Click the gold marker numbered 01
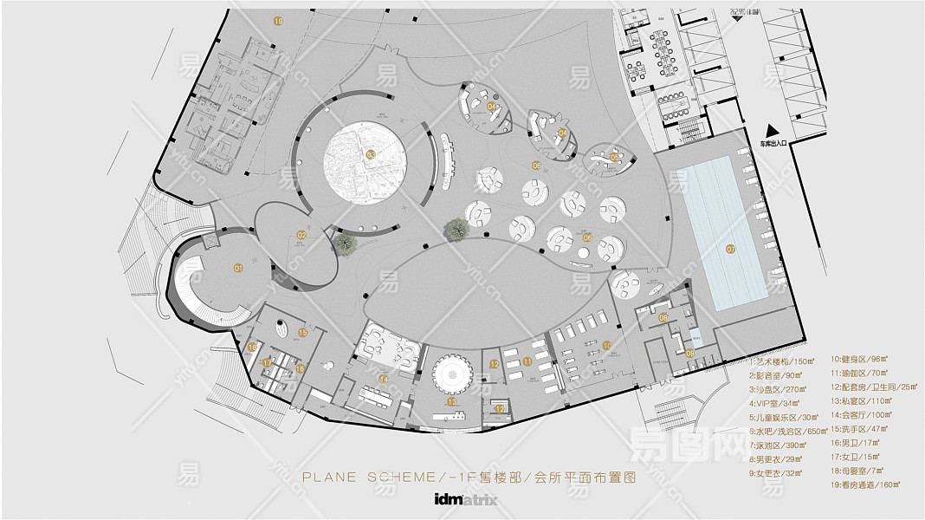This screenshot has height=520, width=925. click(237, 268)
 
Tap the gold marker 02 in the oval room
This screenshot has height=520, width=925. click(301, 234)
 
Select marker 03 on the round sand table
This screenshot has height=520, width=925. click(370, 155)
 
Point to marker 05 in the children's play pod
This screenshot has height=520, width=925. click(614, 157)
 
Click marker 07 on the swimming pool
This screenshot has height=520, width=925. click(730, 249)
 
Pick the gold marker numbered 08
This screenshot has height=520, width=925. click(663, 317)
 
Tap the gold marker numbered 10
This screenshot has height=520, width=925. click(607, 346)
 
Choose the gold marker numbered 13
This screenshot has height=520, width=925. click(451, 402)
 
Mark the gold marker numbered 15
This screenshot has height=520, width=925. click(303, 332)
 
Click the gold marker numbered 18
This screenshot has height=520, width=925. click(252, 348)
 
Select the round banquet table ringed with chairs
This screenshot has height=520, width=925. click(451, 374)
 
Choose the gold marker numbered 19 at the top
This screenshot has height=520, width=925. click(277, 20)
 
